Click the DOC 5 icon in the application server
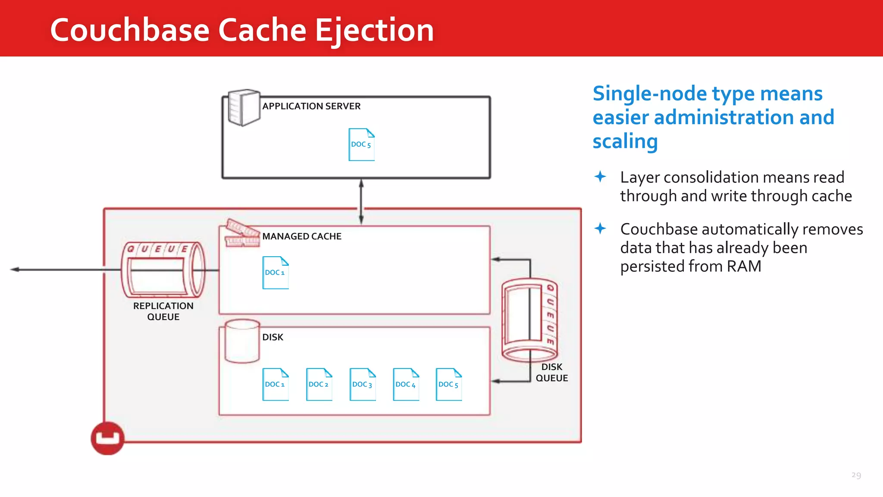point(361,145)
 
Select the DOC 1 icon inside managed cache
point(276,273)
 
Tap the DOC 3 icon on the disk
point(363,384)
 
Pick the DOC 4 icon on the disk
point(406,384)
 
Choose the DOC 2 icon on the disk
point(319,384)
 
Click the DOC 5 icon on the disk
point(449,384)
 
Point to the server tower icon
point(244,107)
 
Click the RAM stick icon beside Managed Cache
point(242,233)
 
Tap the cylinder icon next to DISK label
point(242,341)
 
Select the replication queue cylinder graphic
point(163,270)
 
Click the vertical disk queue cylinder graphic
point(529,320)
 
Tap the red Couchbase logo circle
point(107,438)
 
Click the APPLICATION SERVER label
point(311,106)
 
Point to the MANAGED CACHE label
point(302,236)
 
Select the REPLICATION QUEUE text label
point(163,311)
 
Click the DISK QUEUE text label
point(551,372)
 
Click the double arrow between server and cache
point(361,201)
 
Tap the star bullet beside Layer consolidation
point(600,176)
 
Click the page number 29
point(856,475)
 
